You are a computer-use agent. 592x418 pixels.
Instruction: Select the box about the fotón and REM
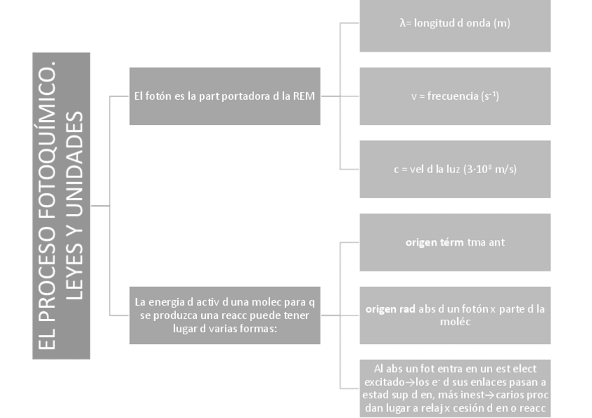pyautogui.click(x=225, y=96)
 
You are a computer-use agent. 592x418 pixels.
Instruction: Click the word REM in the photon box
pyautogui.click(x=305, y=96)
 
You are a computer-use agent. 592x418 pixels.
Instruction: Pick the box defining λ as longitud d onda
pyautogui.click(x=454, y=24)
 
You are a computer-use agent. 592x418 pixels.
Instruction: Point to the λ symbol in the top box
pyautogui.click(x=403, y=23)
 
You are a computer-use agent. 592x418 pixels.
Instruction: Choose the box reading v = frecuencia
pyautogui.click(x=454, y=96)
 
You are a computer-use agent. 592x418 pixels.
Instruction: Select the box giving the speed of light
pyautogui.click(x=454, y=169)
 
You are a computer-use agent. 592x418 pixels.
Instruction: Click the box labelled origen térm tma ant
pyautogui.click(x=454, y=242)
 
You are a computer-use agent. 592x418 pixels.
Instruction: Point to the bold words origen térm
pyautogui.click(x=430, y=242)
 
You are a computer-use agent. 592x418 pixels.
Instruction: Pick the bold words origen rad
pyautogui.click(x=390, y=308)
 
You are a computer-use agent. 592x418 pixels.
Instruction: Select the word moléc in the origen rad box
pyautogui.click(x=455, y=322)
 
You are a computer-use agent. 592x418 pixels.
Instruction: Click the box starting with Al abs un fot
pyautogui.click(x=454, y=389)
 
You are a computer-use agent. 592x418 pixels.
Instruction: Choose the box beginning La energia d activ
pyautogui.click(x=225, y=315)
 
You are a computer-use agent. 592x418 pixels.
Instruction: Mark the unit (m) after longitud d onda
pyautogui.click(x=501, y=23)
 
